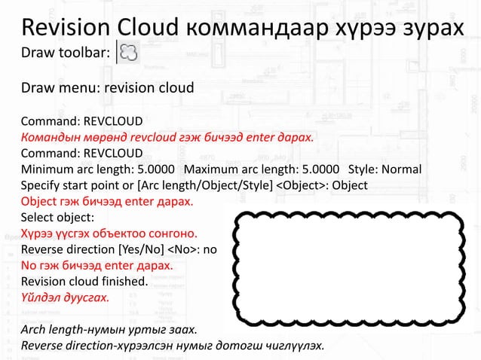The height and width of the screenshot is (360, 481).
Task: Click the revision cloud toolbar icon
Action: point(128,54)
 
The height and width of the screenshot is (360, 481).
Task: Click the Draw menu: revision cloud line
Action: point(107,88)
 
